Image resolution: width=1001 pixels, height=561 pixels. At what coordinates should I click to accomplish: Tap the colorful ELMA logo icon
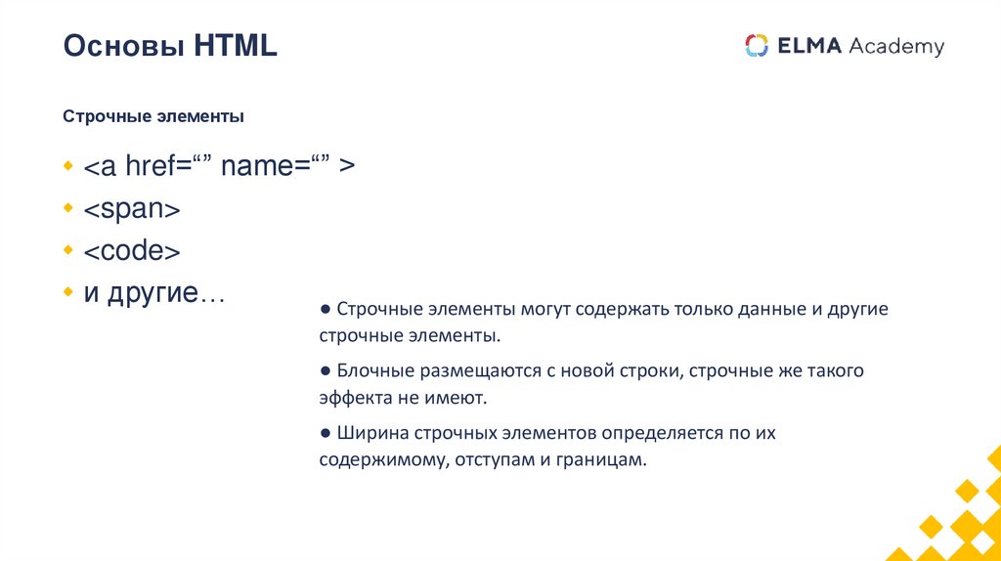click(x=757, y=46)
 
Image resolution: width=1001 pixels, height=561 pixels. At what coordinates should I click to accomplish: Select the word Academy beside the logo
click(x=896, y=46)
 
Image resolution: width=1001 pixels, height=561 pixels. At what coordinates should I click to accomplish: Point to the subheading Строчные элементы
click(x=153, y=117)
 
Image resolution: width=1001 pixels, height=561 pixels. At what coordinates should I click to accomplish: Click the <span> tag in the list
click(x=132, y=209)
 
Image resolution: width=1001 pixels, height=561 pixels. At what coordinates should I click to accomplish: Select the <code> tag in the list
click(x=132, y=251)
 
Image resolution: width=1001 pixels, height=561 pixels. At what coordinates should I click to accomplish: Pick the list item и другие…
click(x=153, y=293)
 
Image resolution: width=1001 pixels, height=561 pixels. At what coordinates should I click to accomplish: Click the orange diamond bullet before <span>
click(x=68, y=208)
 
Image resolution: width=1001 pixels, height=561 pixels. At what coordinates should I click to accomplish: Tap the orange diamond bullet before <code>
click(x=68, y=250)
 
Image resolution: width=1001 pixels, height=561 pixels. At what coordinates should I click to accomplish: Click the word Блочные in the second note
click(x=375, y=371)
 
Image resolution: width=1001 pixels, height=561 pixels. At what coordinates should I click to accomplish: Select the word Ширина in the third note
click(x=371, y=432)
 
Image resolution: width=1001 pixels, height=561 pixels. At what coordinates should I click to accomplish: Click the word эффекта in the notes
click(x=354, y=398)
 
